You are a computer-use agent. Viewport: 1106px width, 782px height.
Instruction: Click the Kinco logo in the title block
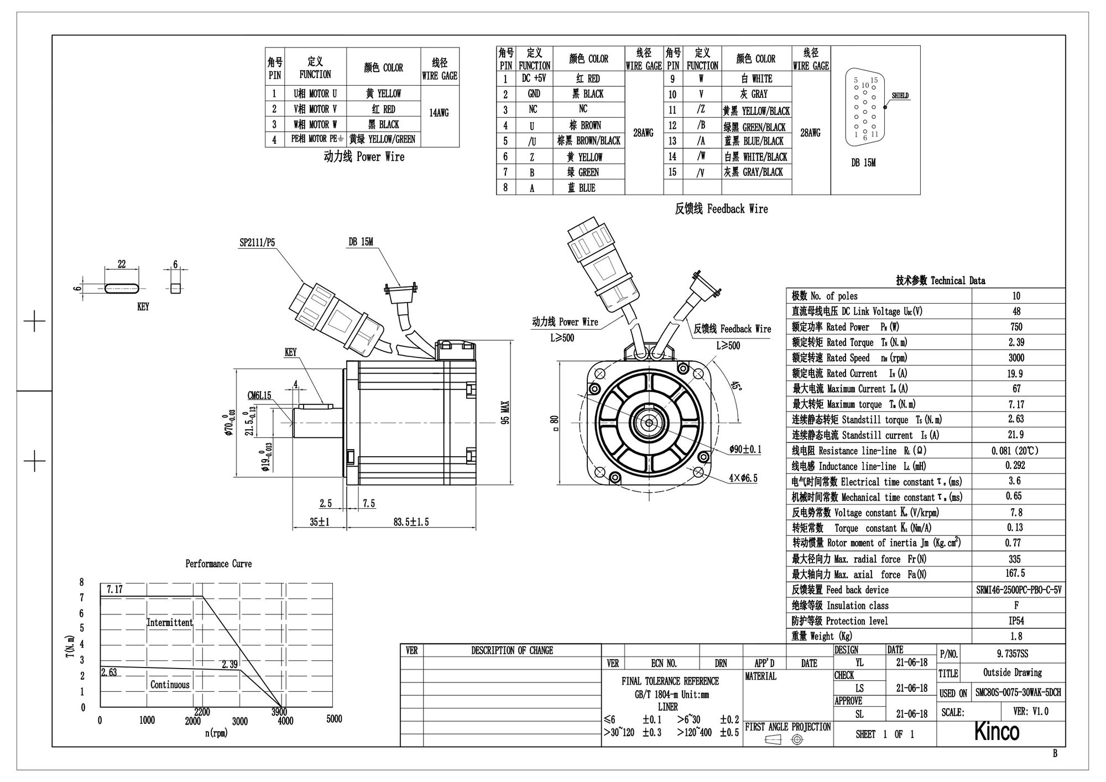(x=996, y=732)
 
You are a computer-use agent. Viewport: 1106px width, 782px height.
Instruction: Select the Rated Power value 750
(x=1016, y=327)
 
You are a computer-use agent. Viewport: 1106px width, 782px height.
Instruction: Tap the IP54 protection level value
(x=1016, y=621)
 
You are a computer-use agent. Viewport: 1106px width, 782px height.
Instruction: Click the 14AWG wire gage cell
(x=439, y=113)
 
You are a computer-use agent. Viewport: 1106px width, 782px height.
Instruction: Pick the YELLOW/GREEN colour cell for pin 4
(x=382, y=139)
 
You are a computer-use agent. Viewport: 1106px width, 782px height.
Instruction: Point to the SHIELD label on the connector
(x=900, y=96)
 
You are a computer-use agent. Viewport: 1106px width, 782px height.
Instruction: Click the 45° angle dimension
(x=737, y=386)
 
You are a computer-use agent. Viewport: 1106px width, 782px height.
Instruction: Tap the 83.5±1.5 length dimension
(x=411, y=522)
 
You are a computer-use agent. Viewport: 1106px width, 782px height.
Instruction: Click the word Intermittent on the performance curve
(x=170, y=623)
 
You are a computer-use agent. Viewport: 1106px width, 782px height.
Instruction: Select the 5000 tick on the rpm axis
(x=334, y=719)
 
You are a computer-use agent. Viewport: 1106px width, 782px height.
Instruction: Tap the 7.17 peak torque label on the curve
(x=114, y=590)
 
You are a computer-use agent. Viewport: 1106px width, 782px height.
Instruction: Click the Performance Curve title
(x=218, y=564)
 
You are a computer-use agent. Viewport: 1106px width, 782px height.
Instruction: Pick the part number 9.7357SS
(x=1013, y=654)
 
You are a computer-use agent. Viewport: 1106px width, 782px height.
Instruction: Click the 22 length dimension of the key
(x=122, y=264)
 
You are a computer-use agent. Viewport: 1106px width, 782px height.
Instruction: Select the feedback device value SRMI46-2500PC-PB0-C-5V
(x=1018, y=590)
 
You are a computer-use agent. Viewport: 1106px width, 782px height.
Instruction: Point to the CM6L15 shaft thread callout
(x=259, y=395)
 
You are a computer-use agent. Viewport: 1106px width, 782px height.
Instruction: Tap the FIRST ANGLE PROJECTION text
(x=787, y=727)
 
